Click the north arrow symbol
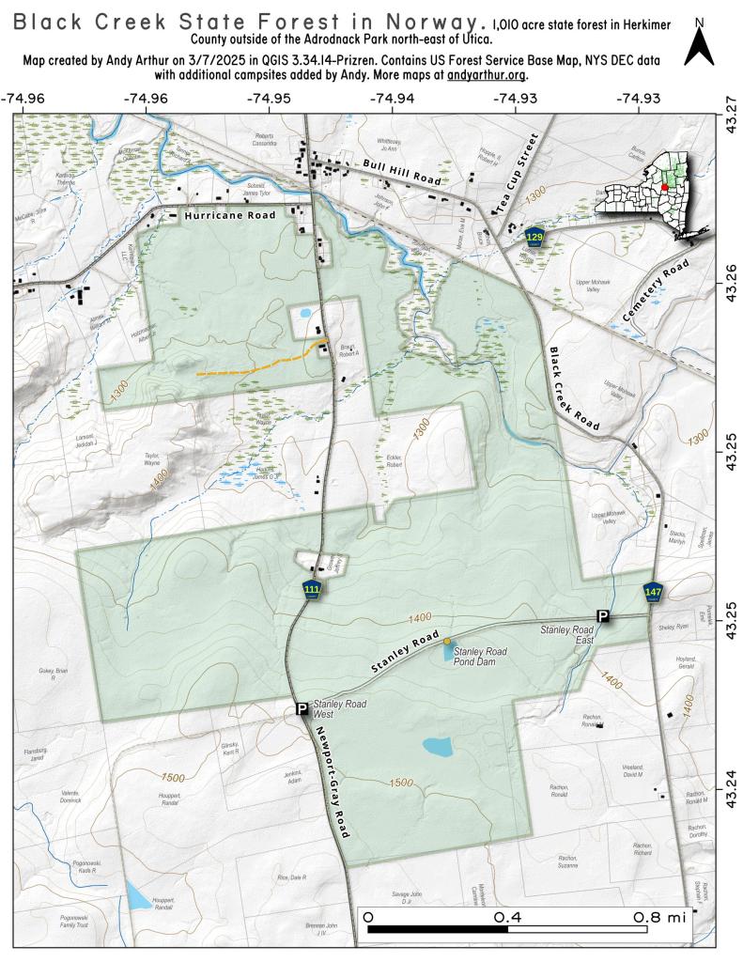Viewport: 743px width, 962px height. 699,43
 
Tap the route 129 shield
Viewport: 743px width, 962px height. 535,235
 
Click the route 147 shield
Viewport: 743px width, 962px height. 654,591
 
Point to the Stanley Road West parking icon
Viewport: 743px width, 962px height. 302,709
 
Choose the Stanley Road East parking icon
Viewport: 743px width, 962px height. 604,616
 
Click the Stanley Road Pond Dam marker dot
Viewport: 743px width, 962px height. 446,641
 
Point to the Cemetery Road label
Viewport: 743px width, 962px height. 656,292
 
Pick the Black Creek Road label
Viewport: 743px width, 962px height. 574,389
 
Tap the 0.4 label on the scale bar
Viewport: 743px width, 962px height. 508,916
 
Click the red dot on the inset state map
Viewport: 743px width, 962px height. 664,187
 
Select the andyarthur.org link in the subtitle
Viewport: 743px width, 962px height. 487,74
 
